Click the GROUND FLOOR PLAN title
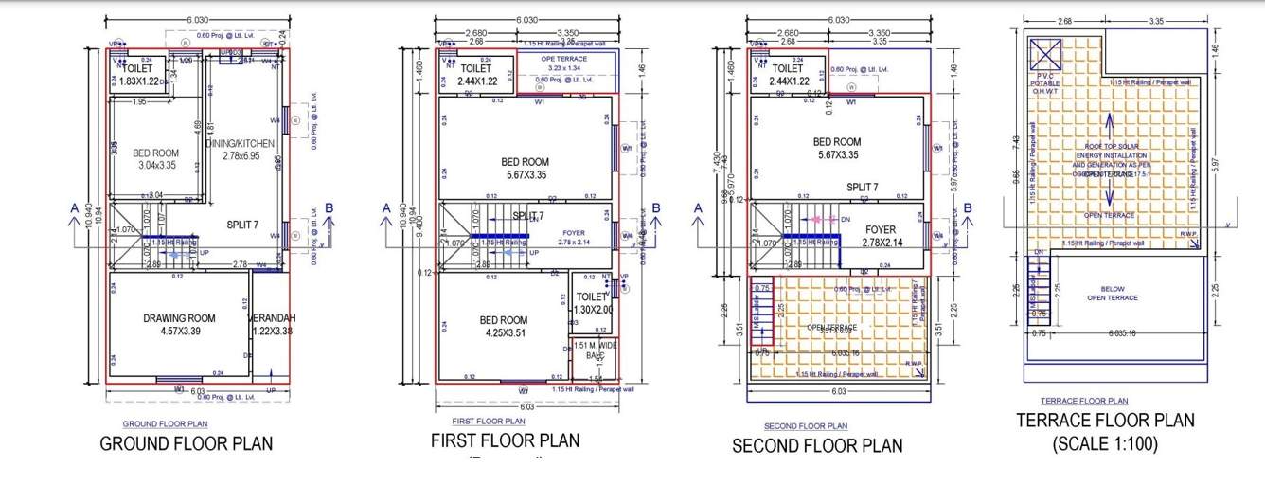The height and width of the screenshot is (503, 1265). pyautogui.click(x=187, y=443)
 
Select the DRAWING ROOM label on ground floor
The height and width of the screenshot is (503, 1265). pyautogui.click(x=180, y=318)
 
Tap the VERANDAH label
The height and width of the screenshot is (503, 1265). pyautogui.click(x=272, y=318)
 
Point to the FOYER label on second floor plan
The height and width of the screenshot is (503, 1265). pyautogui.click(x=881, y=229)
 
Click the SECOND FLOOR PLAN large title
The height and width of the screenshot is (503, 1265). pyautogui.click(x=817, y=445)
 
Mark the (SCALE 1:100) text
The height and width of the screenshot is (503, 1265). pyautogui.click(x=1104, y=442)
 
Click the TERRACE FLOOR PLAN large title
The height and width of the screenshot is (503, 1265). pyautogui.click(x=1104, y=421)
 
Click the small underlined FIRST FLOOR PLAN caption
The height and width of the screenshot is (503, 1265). pyautogui.click(x=488, y=421)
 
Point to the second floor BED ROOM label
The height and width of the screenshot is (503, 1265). pyautogui.click(x=837, y=142)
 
